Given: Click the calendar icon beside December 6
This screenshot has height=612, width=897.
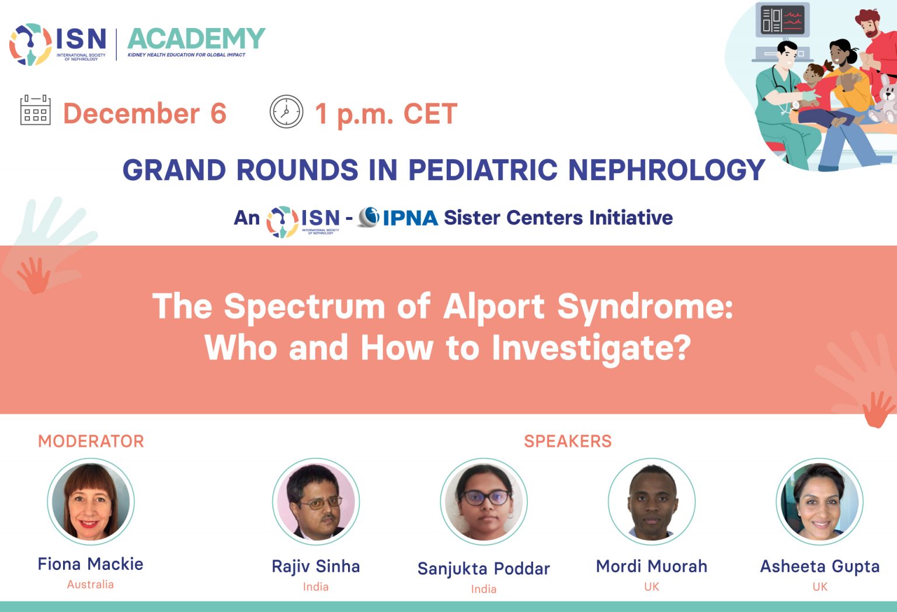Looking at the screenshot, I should pyautogui.click(x=36, y=110).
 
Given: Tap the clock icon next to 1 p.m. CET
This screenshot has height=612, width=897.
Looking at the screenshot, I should pyautogui.click(x=286, y=111).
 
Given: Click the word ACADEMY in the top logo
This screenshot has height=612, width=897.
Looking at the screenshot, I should pyautogui.click(x=196, y=39).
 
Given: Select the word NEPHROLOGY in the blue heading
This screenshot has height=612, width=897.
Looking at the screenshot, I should pyautogui.click(x=666, y=170).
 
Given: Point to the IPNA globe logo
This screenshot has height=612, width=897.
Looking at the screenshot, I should pyautogui.click(x=369, y=217).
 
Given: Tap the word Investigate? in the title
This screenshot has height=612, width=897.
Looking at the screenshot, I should pyautogui.click(x=591, y=348).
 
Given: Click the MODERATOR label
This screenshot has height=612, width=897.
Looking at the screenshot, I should pyautogui.click(x=91, y=441).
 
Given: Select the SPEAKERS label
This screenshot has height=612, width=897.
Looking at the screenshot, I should pyautogui.click(x=568, y=441).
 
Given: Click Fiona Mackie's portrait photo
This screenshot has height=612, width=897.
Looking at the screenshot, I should pyautogui.click(x=91, y=502).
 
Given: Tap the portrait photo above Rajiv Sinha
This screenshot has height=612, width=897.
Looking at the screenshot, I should pyautogui.click(x=316, y=502).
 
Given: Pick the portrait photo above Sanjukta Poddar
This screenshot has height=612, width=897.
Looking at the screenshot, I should pyautogui.click(x=484, y=502).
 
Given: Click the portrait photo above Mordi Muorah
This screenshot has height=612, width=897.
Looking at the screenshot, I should pyautogui.click(x=652, y=502).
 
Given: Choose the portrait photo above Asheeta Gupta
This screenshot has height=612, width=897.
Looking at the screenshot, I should pyautogui.click(x=819, y=502).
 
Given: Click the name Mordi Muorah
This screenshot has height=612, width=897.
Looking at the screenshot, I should pyautogui.click(x=652, y=566).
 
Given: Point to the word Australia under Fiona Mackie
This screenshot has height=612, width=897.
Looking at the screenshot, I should pyautogui.click(x=91, y=585).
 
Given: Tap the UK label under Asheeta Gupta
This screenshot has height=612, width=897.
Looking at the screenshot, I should pyautogui.click(x=820, y=587).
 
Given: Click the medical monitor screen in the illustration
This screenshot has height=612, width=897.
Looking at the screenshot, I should pyautogui.click(x=783, y=20).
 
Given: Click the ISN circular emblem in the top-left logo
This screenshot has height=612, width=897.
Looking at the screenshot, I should pyautogui.click(x=30, y=44).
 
